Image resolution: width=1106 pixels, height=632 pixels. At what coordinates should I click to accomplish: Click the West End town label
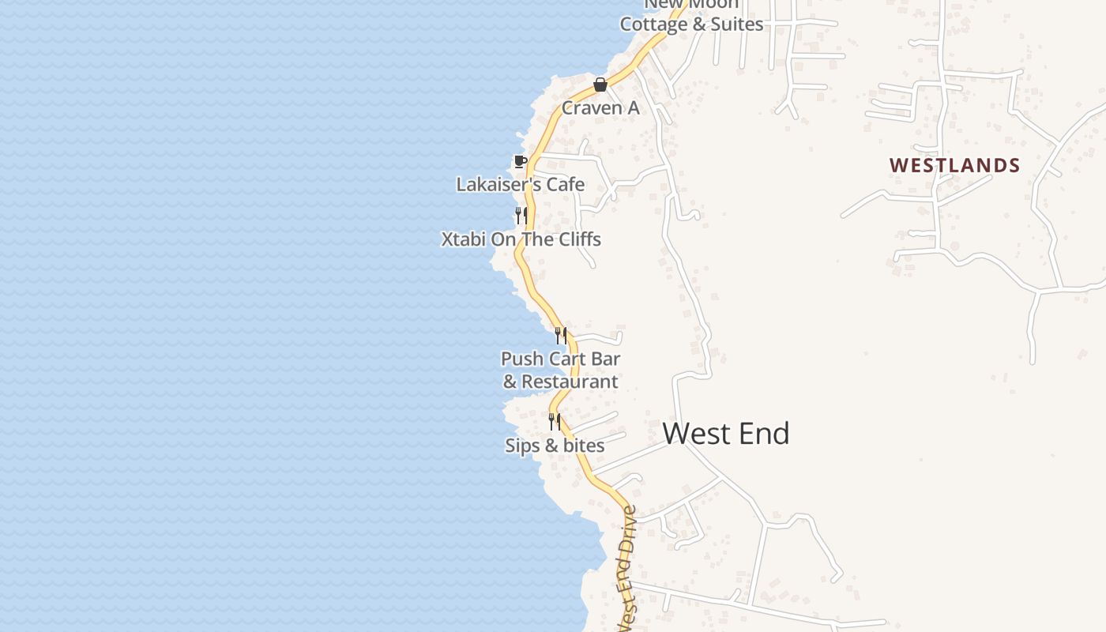pyautogui.click(x=726, y=434)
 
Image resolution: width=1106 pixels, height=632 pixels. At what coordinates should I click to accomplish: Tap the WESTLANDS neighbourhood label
pyautogui.click(x=954, y=165)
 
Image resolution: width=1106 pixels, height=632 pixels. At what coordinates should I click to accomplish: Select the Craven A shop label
pyautogui.click(x=600, y=108)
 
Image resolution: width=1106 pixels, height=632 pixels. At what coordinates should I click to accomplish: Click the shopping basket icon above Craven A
pyautogui.click(x=600, y=85)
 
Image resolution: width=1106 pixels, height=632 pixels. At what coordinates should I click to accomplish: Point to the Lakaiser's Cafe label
pyautogui.click(x=521, y=184)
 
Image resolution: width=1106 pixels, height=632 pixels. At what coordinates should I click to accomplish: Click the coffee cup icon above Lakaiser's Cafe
pyautogui.click(x=520, y=162)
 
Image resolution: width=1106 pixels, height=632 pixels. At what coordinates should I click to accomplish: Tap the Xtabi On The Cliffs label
pyautogui.click(x=521, y=239)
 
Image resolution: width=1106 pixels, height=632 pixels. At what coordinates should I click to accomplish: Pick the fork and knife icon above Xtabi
pyautogui.click(x=521, y=215)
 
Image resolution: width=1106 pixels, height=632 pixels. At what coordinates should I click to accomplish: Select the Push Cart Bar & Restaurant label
pyautogui.click(x=560, y=370)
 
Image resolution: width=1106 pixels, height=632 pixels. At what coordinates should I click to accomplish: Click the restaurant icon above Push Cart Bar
pyautogui.click(x=560, y=336)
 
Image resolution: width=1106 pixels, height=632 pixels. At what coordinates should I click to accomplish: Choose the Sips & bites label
pyautogui.click(x=555, y=446)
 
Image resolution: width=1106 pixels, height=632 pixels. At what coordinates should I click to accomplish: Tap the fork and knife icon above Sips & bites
pyautogui.click(x=555, y=422)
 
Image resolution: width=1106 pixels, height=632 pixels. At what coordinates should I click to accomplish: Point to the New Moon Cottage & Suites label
pyautogui.click(x=691, y=16)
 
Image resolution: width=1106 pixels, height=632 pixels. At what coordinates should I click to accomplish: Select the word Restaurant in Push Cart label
pyautogui.click(x=570, y=382)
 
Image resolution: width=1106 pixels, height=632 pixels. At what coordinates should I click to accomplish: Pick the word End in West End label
pyautogui.click(x=761, y=434)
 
